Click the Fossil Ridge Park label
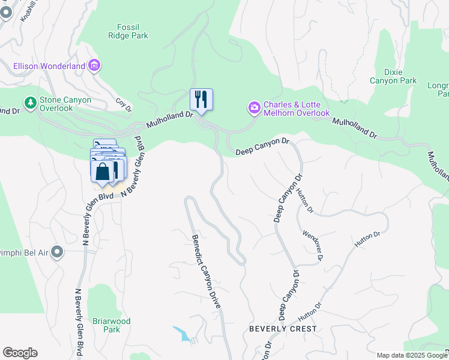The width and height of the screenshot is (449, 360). (132, 31)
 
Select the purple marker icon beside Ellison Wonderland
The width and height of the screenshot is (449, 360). (94, 65)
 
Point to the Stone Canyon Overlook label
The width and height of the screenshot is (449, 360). (65, 104)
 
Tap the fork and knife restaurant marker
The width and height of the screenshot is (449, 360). (201, 99)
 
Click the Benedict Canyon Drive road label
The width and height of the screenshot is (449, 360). (206, 272)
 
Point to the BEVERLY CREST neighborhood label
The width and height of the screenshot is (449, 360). (283, 329)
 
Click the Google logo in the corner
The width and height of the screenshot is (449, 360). (20, 353)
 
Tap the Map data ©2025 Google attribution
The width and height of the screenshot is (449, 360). (412, 355)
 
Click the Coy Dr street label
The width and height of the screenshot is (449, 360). (123, 105)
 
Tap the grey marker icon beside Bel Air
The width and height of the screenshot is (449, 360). (57, 251)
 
